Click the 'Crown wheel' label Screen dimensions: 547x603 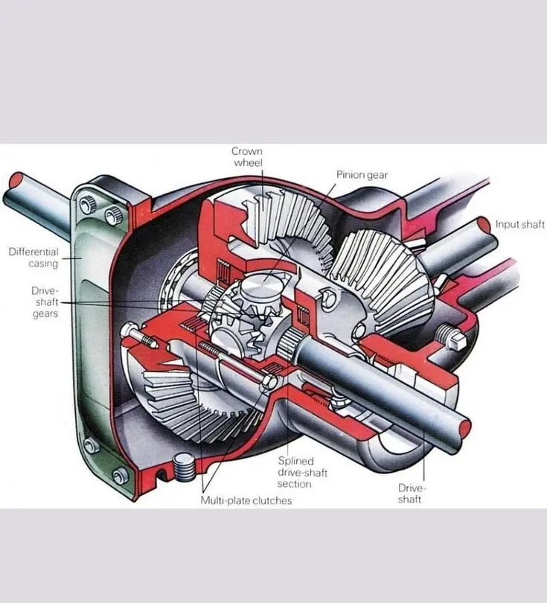[247, 157]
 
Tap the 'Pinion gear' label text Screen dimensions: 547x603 [362, 175]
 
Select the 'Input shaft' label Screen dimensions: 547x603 [519, 224]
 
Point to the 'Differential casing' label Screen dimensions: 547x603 [33, 258]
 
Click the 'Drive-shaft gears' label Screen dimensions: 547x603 [45, 302]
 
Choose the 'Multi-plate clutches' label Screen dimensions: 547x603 [246, 500]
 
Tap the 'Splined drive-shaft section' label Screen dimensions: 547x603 [302, 472]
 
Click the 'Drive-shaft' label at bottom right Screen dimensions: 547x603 [412, 494]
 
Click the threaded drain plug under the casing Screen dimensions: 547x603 [183, 467]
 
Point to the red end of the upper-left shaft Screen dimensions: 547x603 [16, 180]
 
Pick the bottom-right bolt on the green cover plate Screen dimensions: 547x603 [121, 475]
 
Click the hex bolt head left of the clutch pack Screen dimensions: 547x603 [129, 331]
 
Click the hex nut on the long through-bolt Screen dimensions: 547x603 [269, 382]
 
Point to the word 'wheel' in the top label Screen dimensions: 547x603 [249, 163]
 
